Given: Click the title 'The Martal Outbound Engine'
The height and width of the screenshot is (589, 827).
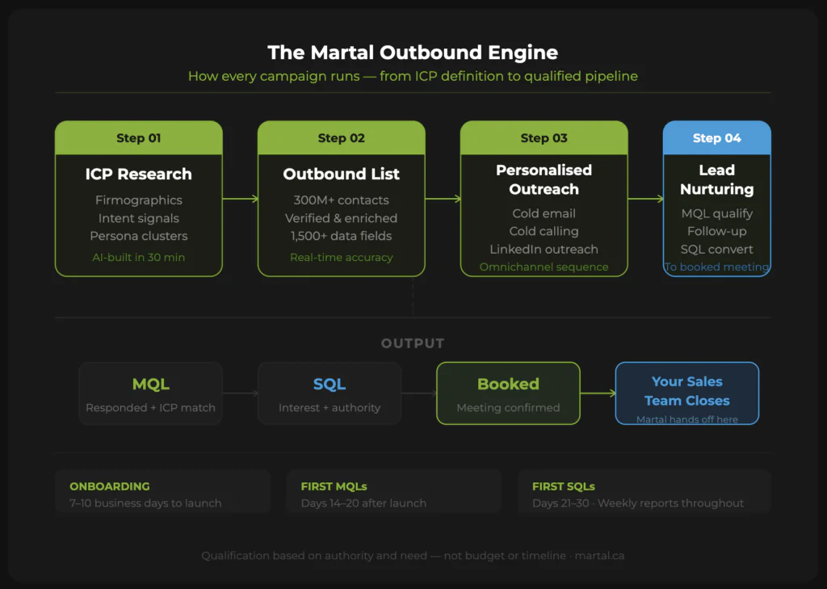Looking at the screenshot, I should [413, 53].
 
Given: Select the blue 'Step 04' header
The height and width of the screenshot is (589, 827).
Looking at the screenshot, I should [716, 138].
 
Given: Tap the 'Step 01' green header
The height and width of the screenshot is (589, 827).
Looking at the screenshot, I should [138, 138].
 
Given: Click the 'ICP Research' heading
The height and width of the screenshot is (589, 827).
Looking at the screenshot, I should [138, 174].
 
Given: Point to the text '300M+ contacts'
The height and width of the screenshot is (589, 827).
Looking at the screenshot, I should [341, 200].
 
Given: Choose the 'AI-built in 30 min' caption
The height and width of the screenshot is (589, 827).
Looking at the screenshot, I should [138, 257].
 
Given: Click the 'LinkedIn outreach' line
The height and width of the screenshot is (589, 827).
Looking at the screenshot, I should [544, 249].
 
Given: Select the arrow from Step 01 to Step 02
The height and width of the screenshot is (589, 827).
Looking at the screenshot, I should [240, 199].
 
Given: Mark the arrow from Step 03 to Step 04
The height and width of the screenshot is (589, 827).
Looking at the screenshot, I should [645, 199].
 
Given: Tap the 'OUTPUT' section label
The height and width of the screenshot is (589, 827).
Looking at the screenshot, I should [413, 343].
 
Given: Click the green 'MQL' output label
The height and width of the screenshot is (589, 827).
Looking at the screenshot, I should [150, 385].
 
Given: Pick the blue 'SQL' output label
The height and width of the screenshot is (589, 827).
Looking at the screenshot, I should [329, 385].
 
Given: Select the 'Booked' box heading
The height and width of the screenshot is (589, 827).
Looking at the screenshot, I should [508, 385].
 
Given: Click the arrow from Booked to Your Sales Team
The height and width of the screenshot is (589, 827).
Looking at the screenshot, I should [598, 393].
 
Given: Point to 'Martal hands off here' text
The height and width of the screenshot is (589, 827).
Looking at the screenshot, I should [686, 419].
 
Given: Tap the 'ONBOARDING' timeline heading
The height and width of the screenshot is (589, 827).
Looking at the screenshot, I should [110, 486].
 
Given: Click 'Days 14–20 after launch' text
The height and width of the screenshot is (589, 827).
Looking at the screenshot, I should [363, 503].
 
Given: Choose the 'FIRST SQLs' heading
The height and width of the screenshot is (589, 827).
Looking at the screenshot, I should [564, 486].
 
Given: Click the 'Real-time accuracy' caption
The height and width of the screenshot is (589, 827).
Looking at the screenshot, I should [341, 257].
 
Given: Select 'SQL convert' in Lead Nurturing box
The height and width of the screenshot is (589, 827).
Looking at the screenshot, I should [716, 249].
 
